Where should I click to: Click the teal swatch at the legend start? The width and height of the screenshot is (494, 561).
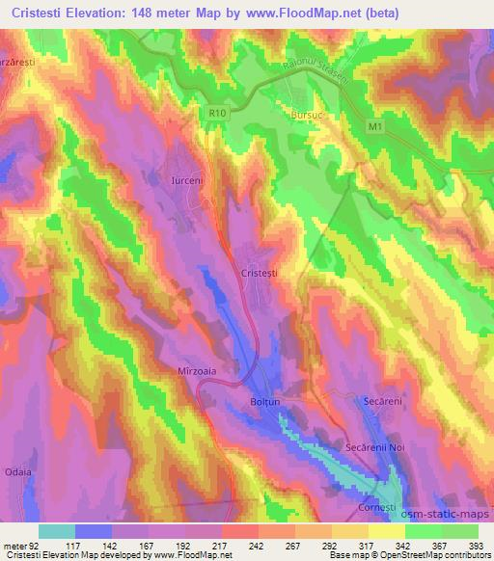56,531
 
